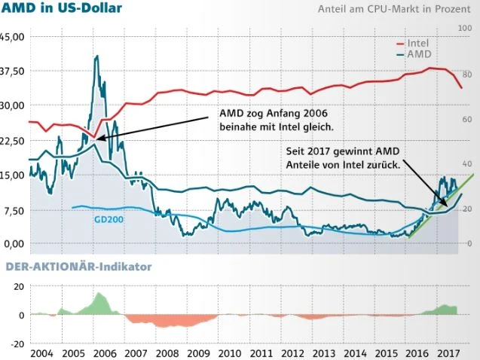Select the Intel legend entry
pyautogui.click(x=417, y=43)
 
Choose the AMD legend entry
pyautogui.click(x=419, y=55)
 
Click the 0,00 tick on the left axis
pyautogui.click(x=15, y=243)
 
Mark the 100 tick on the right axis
pyautogui.click(x=465, y=28)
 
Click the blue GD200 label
pyautogui.click(x=109, y=220)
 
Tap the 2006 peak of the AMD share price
pyautogui.click(x=96, y=56)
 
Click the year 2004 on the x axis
pyautogui.click(x=41, y=352)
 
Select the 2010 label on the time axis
pyautogui.click(x=229, y=352)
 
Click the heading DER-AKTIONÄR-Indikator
pyautogui.click(x=78, y=267)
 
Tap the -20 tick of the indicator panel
pyautogui.click(x=15, y=343)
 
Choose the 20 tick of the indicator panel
pyautogui.click(x=17, y=287)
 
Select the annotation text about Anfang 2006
pyautogui.click(x=277, y=119)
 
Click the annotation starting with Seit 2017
pyautogui.click(x=342, y=157)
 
